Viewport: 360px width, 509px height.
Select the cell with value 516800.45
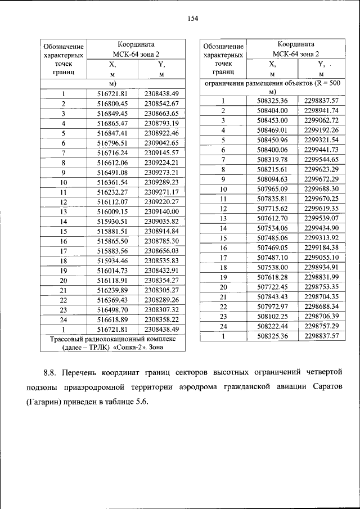[112, 103]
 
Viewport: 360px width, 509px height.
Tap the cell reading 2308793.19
[161, 123]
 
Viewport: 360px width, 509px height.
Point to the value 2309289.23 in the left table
[161, 182]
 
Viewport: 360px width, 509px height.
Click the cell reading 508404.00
[272, 110]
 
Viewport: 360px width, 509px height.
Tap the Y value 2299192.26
[321, 130]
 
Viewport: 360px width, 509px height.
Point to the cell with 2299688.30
[321, 189]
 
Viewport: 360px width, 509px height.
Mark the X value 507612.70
[272, 218]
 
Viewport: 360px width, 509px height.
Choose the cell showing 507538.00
[272, 267]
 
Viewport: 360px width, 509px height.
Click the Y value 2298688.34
[321, 307]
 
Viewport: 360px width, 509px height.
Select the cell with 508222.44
[272, 326]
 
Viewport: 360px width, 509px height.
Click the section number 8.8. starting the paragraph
[51, 373]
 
